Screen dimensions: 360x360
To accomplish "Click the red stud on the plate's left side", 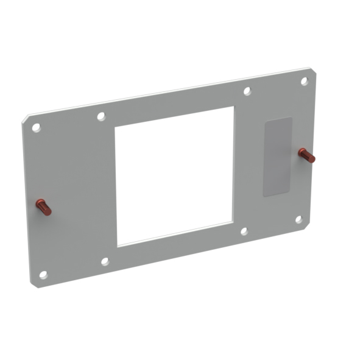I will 43,207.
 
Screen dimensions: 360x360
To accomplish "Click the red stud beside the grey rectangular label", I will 306,155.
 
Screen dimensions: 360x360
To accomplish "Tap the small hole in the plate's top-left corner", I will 36,127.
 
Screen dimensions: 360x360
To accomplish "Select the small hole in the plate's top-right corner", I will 304,81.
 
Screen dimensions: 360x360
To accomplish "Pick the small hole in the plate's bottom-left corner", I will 43,275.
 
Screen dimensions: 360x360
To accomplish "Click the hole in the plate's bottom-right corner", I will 299,219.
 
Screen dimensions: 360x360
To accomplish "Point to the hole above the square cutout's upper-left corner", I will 102,116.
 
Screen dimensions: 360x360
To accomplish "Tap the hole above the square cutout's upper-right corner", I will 247,91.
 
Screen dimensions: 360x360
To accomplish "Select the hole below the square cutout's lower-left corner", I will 105,261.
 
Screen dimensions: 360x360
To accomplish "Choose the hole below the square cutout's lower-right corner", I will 244,231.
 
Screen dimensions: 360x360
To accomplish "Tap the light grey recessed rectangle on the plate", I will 277,157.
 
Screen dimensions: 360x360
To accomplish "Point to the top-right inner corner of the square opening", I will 234,107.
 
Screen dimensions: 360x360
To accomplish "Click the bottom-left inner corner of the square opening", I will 118,245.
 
